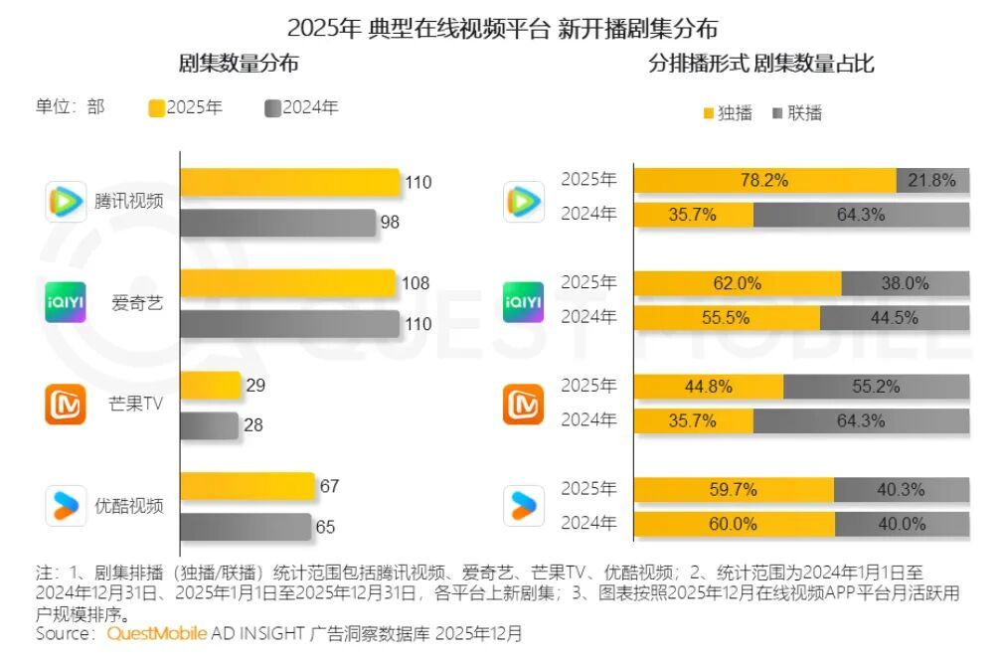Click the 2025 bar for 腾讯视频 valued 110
pyautogui.click(x=290, y=182)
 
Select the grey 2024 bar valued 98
pyautogui.click(x=278, y=223)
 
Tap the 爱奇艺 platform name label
pyautogui.click(x=136, y=303)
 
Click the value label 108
pyautogui.click(x=416, y=284)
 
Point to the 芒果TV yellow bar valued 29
pyautogui.click(x=211, y=386)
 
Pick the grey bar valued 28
pyautogui.click(x=210, y=425)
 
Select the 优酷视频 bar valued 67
pyautogui.click(x=248, y=487)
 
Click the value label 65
pyautogui.click(x=325, y=528)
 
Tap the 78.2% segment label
pyautogui.click(x=764, y=181)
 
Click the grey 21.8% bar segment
pyautogui.click(x=932, y=181)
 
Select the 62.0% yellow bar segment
pyautogui.click(x=738, y=283)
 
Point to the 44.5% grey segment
pyautogui.click(x=895, y=317)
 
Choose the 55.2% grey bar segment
pyautogui.click(x=876, y=386)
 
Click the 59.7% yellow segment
pyautogui.click(x=734, y=489)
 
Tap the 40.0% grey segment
pyautogui.click(x=902, y=523)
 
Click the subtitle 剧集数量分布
pyautogui.click(x=239, y=64)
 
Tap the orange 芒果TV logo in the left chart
pyautogui.click(x=66, y=405)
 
